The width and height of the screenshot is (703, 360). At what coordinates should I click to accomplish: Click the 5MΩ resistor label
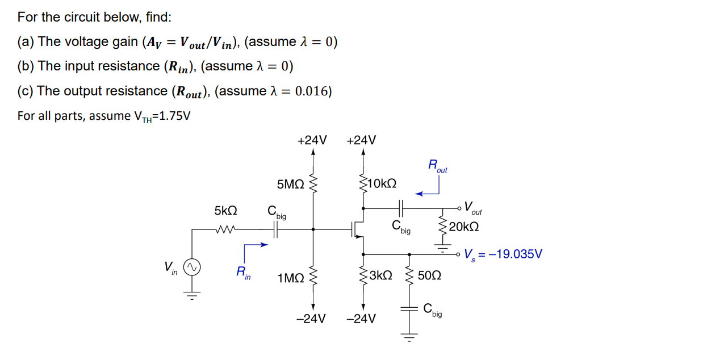[x=291, y=184]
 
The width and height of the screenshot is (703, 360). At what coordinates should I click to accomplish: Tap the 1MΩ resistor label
[x=291, y=278]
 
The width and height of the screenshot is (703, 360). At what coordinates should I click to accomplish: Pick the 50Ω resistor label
[x=429, y=276]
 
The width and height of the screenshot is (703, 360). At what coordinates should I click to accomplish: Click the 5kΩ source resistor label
[x=225, y=211]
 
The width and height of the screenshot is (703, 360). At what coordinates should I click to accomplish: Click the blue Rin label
[x=242, y=273]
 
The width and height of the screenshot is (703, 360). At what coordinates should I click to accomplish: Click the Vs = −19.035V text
[x=503, y=254]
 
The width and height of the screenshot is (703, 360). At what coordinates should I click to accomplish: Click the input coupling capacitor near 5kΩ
[x=276, y=229]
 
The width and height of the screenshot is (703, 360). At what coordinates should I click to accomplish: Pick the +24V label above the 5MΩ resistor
[x=312, y=140]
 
